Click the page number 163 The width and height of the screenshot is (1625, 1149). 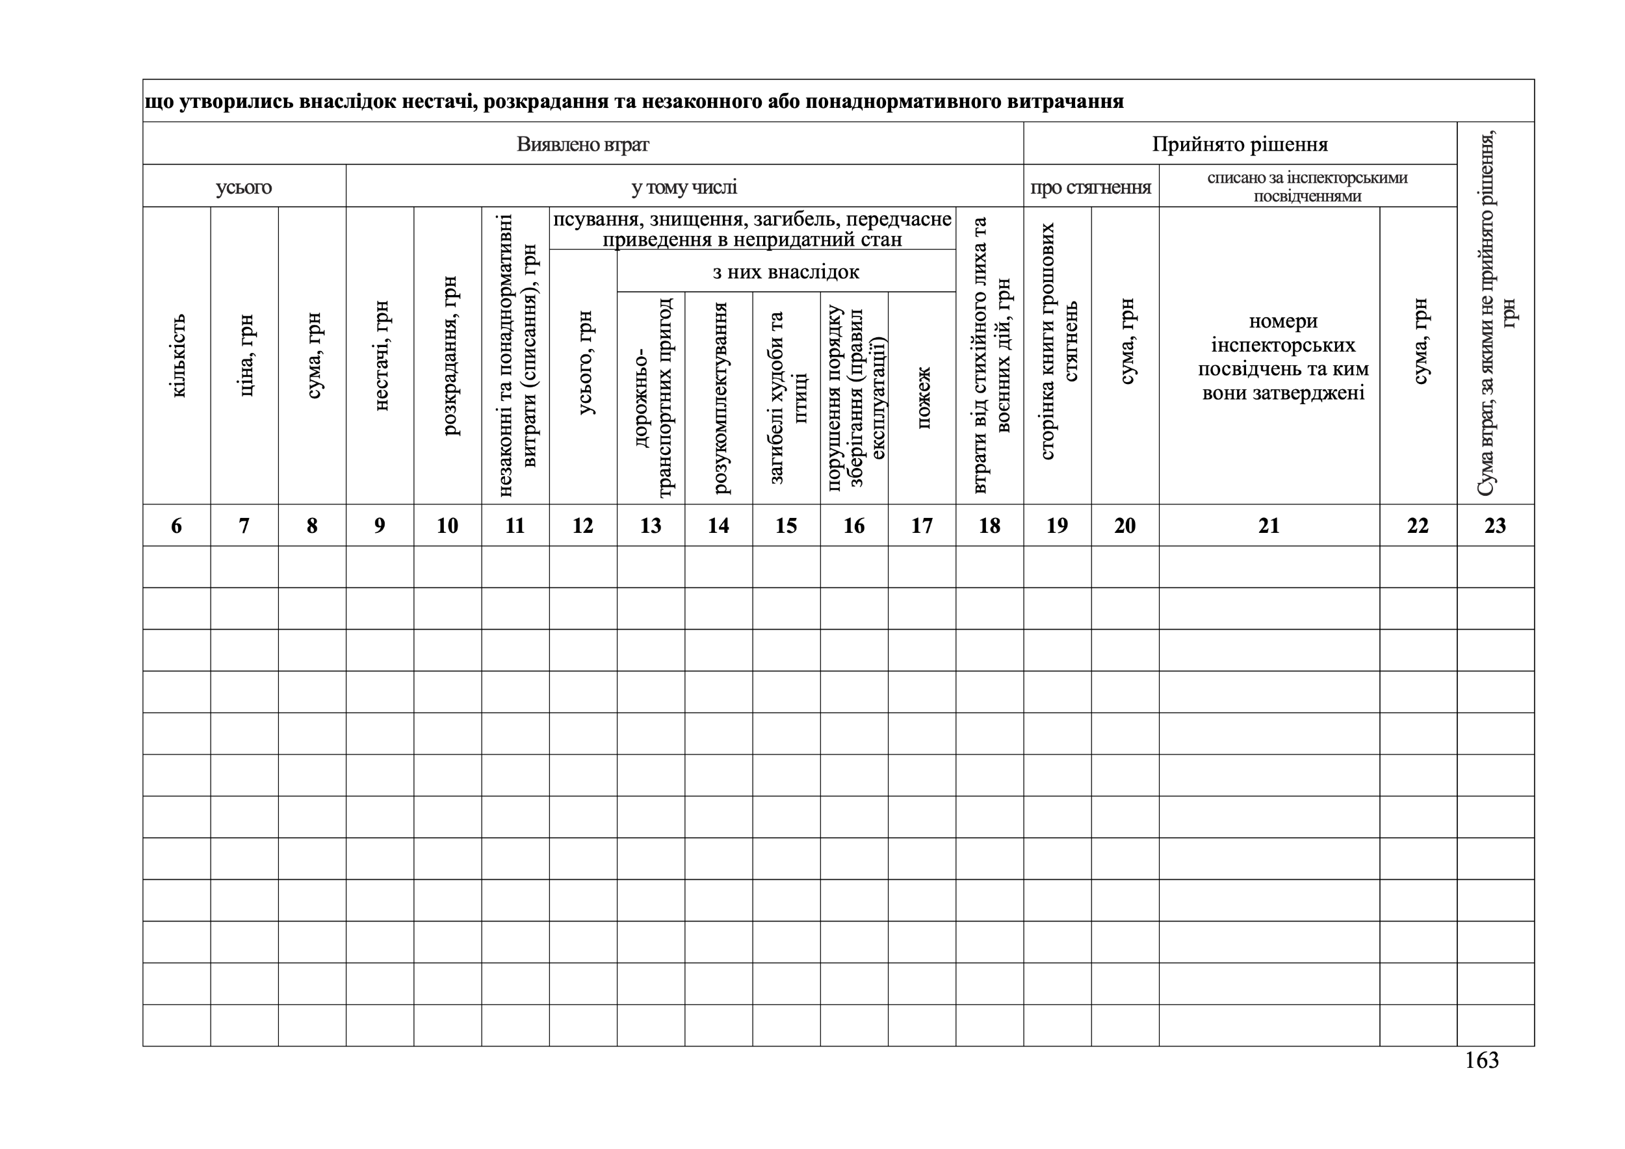(1481, 1060)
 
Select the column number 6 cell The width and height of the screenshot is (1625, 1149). (176, 526)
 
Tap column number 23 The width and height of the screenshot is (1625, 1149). (1495, 526)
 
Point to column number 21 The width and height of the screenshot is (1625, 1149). (1268, 526)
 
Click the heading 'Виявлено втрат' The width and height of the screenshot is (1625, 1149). (582, 144)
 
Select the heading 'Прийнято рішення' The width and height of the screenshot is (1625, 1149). (1240, 144)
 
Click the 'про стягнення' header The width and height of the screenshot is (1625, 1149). (1091, 187)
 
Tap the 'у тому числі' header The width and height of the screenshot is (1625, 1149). (684, 187)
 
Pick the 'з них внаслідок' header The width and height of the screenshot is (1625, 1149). (786, 272)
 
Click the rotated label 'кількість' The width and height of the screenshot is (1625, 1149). (177, 355)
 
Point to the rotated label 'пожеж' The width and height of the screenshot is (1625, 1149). (922, 398)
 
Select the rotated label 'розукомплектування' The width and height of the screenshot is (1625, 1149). (719, 398)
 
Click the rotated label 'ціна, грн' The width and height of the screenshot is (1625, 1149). (245, 355)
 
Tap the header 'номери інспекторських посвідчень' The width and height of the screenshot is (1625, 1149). (1282, 357)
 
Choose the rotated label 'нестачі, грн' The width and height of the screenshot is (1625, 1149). (380, 355)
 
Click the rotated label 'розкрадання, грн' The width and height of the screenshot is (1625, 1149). (448, 355)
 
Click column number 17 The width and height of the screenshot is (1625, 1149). (922, 526)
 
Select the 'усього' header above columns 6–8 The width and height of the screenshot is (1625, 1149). (244, 187)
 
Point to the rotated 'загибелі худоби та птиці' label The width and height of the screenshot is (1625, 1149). (786, 398)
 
